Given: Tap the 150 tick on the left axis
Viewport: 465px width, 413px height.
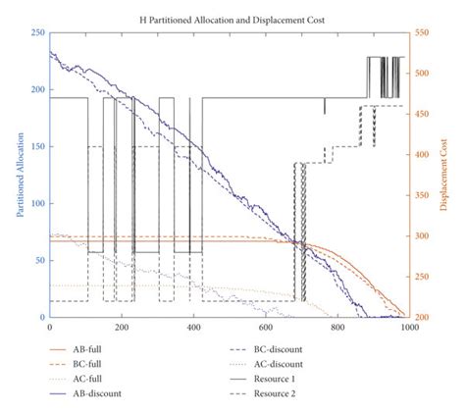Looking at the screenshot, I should pyautogui.click(x=36, y=146).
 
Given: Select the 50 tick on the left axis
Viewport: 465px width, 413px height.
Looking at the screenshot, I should pyautogui.click(x=38, y=260).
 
